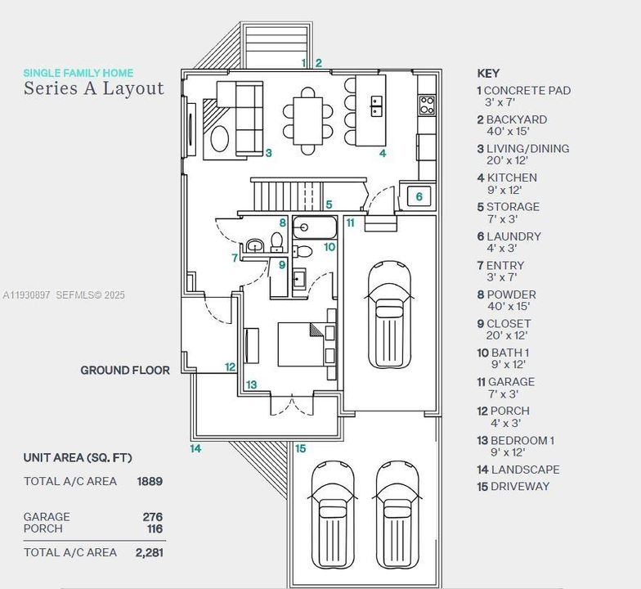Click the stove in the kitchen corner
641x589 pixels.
point(427,104)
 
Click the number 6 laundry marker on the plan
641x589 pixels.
point(419,196)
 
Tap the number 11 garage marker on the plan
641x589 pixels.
point(350,223)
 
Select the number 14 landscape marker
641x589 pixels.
point(195,448)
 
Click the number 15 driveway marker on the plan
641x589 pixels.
point(300,448)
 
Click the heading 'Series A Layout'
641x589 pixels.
point(93,88)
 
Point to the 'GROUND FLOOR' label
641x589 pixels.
point(124,370)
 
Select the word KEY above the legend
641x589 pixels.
point(488,73)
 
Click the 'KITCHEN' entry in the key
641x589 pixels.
point(512,178)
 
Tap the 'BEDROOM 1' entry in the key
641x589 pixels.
point(522,440)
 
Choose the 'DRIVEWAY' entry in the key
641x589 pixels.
point(520,486)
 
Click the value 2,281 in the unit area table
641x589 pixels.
point(149,552)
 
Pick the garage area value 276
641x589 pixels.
point(152,517)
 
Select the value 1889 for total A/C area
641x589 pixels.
point(150,481)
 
